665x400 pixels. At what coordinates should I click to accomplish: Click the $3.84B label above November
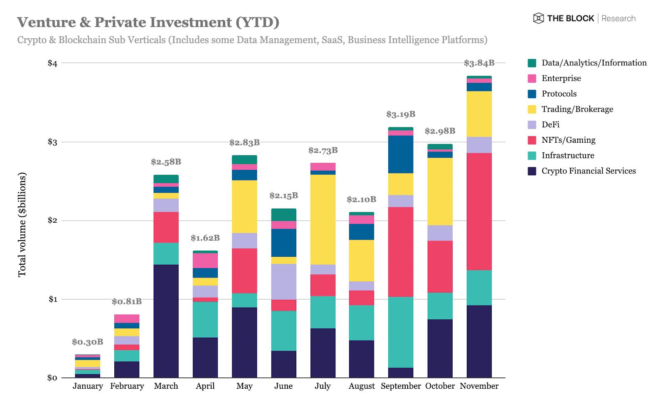click(479, 63)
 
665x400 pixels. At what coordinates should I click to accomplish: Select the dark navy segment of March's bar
click(166, 321)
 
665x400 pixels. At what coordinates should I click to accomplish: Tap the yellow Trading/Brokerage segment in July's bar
click(323, 219)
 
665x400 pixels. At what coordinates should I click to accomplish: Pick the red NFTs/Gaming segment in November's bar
click(479, 211)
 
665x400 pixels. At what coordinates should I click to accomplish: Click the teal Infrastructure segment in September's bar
click(401, 332)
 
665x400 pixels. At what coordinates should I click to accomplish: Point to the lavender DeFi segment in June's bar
click(283, 281)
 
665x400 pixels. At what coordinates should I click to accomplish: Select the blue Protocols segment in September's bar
click(401, 154)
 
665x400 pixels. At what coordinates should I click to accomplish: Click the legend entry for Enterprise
click(561, 78)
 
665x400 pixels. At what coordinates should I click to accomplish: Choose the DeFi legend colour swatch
click(532, 124)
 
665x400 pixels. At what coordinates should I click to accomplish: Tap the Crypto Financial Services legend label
click(589, 171)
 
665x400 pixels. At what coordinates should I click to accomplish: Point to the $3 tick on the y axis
click(52, 142)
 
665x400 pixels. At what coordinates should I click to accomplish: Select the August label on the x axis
click(362, 386)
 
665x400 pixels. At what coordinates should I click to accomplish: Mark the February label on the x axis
click(127, 386)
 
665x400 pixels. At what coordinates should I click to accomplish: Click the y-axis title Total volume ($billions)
click(22, 225)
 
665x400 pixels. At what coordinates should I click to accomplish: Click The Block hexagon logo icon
click(538, 18)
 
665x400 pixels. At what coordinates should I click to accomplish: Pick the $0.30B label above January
click(87, 342)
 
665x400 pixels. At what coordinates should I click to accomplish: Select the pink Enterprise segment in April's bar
click(205, 261)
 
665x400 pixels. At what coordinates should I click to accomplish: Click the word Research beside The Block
click(618, 18)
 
